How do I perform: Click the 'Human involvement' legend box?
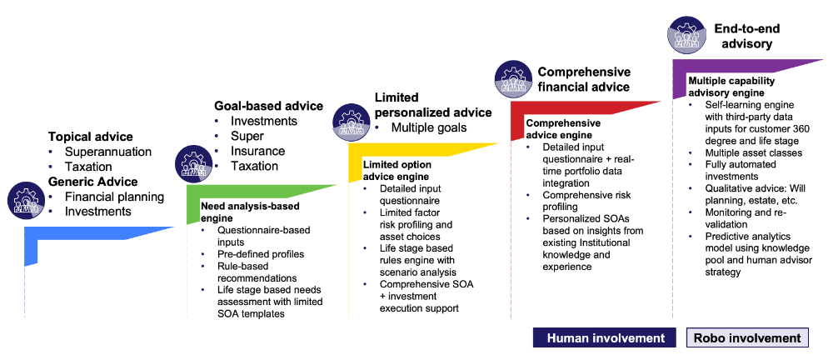click(x=606, y=337)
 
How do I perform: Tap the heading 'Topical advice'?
click(x=91, y=136)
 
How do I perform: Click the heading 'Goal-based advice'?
click(x=268, y=106)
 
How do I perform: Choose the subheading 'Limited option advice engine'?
click(x=396, y=171)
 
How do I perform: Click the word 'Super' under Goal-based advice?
click(x=247, y=136)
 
